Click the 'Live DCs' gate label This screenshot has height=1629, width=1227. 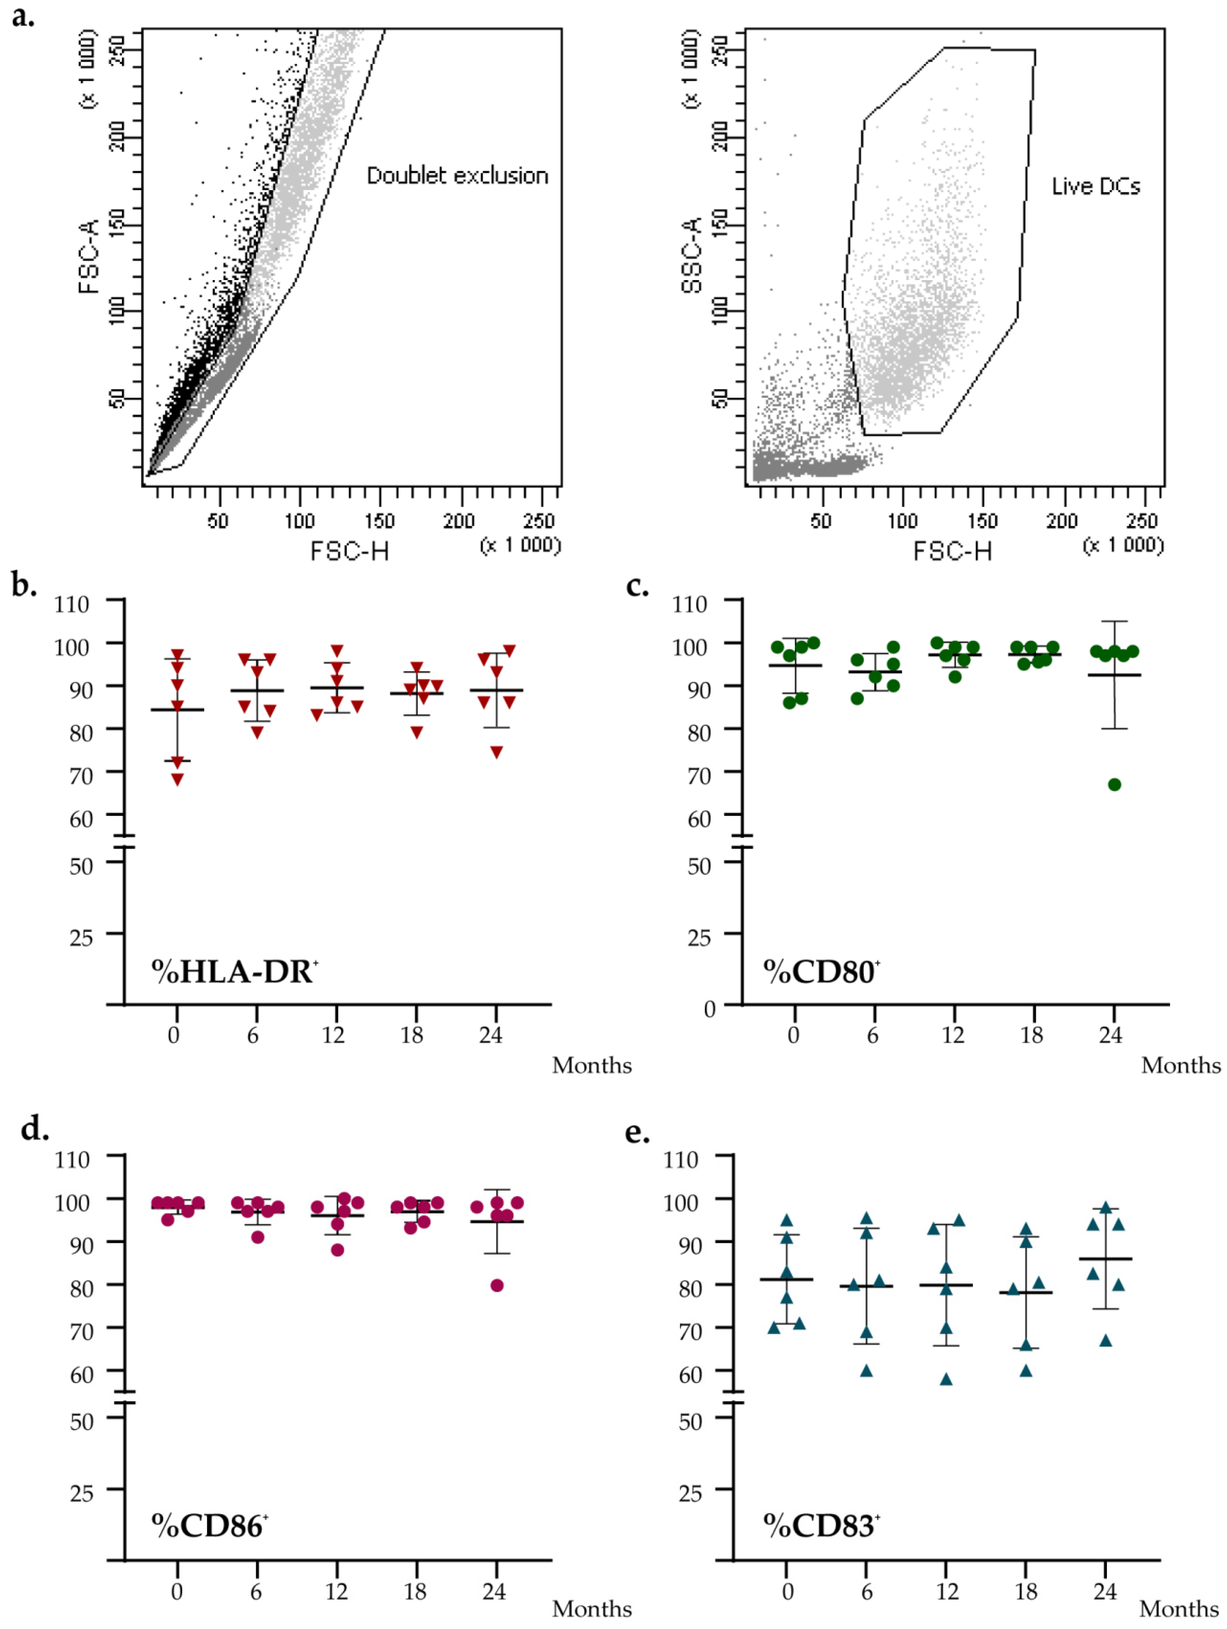1095,187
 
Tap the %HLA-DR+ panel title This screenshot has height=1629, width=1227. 234,972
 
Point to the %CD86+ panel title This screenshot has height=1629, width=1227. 209,1527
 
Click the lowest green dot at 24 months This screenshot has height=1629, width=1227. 1114,785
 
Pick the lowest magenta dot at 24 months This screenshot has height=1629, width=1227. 497,1286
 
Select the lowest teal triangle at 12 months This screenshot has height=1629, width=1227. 946,1379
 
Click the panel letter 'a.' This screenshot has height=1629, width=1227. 23,16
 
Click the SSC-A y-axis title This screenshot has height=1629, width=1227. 691,256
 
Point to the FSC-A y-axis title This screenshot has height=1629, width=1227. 88,256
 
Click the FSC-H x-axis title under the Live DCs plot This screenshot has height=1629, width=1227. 952,551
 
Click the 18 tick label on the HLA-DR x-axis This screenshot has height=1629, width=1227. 412,1035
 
